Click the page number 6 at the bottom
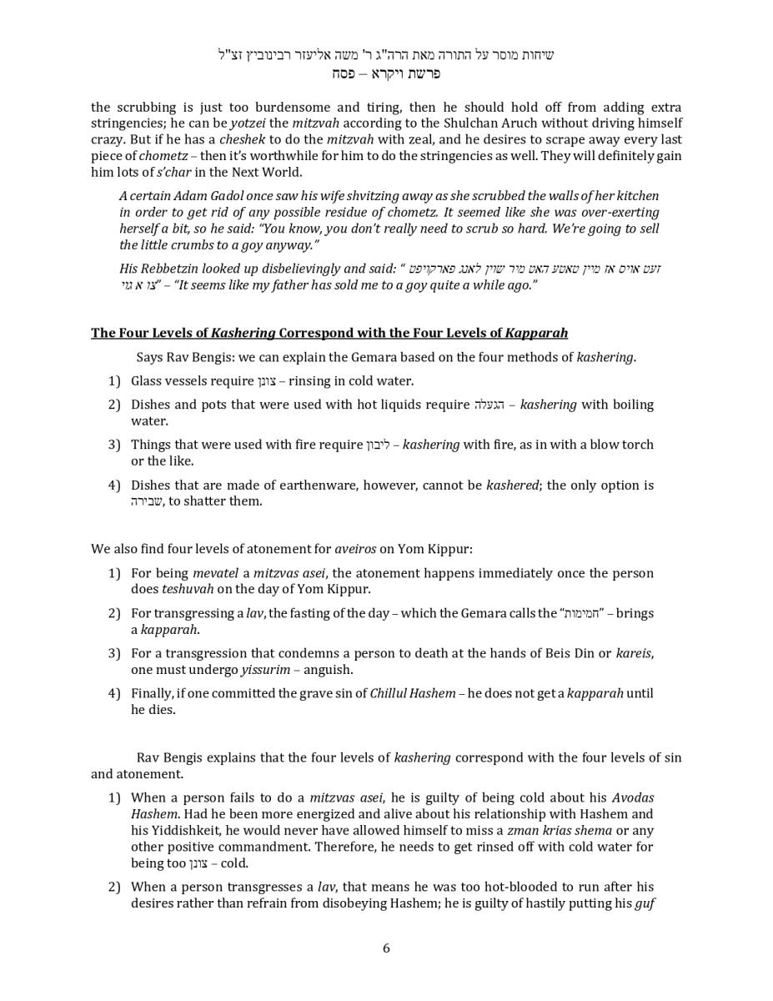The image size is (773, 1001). click(x=386, y=948)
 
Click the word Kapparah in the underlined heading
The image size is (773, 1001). click(x=536, y=333)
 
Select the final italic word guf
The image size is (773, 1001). click(x=644, y=903)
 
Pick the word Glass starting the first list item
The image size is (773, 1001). click(x=148, y=381)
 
